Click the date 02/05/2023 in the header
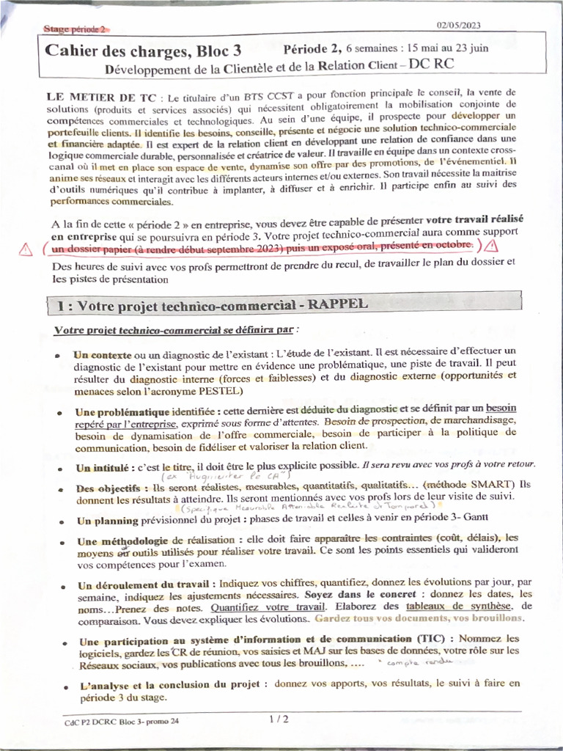point(459,25)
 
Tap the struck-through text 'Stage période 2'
point(75,29)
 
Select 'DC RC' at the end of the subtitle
point(432,65)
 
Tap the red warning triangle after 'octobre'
point(491,246)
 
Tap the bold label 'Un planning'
point(107,521)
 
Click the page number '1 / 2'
point(279,719)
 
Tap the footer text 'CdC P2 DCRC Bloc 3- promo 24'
point(121,722)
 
